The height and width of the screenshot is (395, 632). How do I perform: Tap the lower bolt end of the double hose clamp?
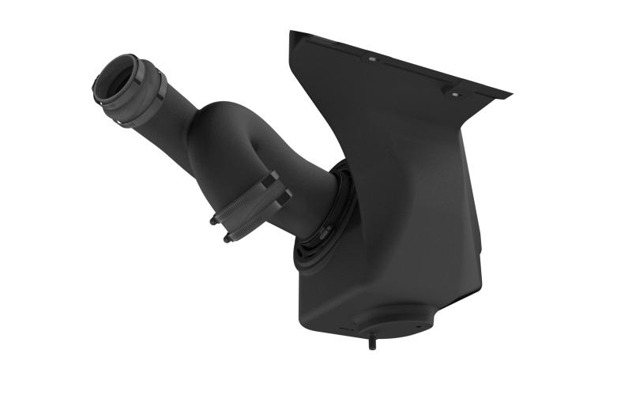coord(228,236)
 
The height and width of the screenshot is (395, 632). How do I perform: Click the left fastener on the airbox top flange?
coord(371,58)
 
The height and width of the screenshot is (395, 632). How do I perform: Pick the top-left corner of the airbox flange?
coord(292,32)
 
